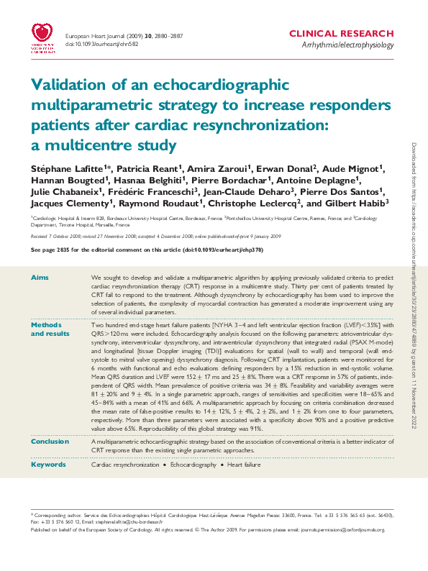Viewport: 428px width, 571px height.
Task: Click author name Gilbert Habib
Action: pos(358,204)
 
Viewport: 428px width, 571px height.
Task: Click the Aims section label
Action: pos(40,277)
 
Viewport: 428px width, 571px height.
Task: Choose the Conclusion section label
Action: pos(50,442)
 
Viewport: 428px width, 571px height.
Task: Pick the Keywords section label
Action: pos(48,465)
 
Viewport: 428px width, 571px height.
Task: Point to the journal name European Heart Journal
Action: pos(95,35)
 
